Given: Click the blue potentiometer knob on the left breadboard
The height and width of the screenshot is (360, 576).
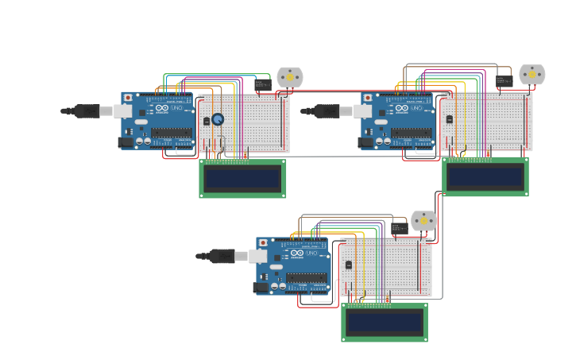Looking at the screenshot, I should pos(218,119).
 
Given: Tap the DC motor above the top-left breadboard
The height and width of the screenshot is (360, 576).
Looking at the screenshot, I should pos(290,76).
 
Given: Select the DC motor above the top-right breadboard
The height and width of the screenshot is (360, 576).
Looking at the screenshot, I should pos(532,75).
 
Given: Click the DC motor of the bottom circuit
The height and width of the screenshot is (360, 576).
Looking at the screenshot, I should pos(423,220).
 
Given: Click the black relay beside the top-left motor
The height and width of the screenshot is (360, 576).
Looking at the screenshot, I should pos(263,83).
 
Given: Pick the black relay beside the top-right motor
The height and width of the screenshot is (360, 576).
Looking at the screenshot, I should pos(504,80).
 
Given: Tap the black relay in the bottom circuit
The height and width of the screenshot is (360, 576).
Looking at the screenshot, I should pos(399,228).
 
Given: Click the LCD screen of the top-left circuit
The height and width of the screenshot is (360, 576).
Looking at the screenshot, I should pos(242,179).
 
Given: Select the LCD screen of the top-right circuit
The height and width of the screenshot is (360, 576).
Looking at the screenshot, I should pos(485,176).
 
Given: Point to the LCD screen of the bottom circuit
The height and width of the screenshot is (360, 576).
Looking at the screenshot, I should pos(385,322).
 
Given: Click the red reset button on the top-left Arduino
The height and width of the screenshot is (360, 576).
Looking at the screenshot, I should pos(128,98).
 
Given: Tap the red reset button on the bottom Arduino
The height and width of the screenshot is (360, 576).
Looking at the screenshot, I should pos(263,243).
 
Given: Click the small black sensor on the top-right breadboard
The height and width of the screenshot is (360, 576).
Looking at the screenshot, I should pos(449,119).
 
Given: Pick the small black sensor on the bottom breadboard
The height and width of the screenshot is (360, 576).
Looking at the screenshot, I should pos(348,265).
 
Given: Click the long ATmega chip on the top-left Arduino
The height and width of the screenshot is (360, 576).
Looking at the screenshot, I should pos(171,134).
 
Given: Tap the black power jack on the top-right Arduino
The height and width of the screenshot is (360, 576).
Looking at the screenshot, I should pos(365,142).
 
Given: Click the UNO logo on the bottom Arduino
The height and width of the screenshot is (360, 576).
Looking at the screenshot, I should pos(309,253).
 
